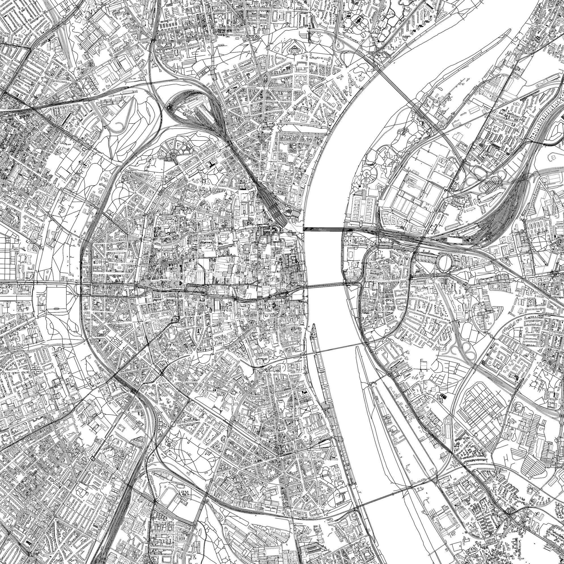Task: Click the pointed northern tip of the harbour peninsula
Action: click(x=314, y=325)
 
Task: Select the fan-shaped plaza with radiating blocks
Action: click(x=172, y=152)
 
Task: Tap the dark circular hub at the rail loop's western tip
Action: click(x=169, y=107)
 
